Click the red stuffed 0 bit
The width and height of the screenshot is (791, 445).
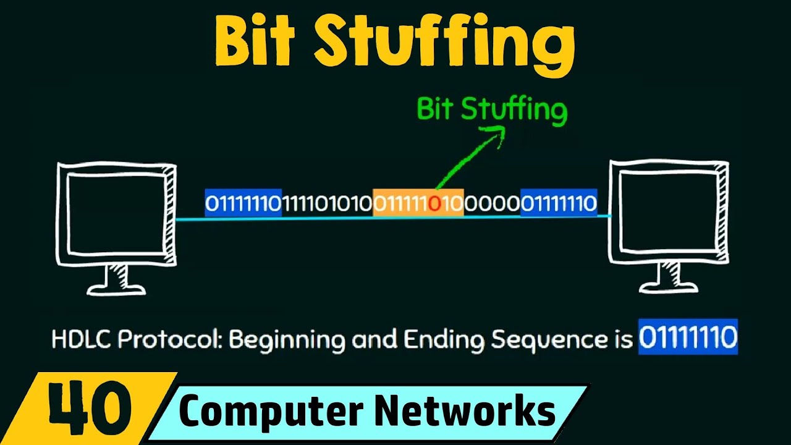tap(434, 203)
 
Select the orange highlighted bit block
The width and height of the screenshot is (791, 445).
tap(418, 203)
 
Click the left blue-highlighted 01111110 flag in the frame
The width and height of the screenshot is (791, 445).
tap(243, 203)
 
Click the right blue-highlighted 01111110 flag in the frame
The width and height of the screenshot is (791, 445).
tap(559, 203)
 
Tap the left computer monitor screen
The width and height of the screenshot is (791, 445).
tap(116, 213)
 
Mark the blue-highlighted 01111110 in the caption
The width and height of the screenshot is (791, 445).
tap(688, 337)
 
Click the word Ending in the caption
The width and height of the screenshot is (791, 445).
tap(446, 340)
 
